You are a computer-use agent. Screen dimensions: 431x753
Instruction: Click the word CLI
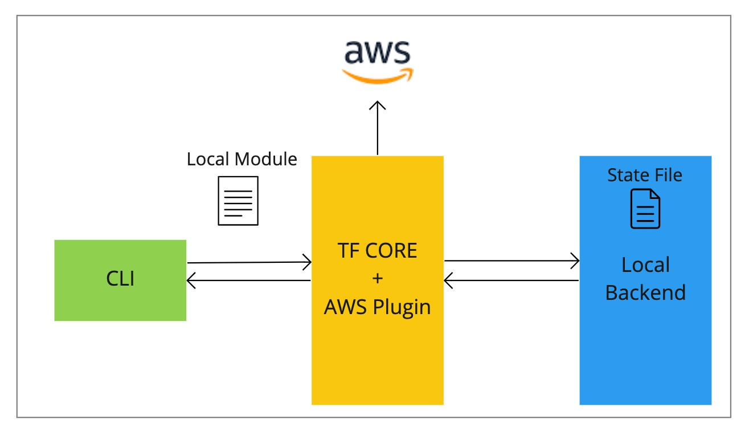coord(120,280)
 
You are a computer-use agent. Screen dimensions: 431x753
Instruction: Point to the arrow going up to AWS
coord(377,128)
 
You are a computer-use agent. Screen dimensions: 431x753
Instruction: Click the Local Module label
coord(242,159)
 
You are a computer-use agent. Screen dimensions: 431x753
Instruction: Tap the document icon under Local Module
coord(238,200)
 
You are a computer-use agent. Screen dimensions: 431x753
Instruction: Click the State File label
coord(645,174)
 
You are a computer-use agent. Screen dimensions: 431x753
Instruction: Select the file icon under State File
coord(645,209)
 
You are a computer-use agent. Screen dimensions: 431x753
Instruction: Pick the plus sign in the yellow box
coord(377,279)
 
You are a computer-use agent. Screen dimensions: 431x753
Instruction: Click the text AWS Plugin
coord(377,307)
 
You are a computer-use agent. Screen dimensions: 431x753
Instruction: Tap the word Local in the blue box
coord(645,265)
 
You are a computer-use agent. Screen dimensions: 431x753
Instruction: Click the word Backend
coord(645,292)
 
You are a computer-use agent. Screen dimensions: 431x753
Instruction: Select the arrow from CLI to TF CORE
coord(249,263)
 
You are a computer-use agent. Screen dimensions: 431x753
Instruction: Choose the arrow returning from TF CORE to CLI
coord(249,280)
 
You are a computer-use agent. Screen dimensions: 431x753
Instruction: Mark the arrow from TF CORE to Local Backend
coord(511,262)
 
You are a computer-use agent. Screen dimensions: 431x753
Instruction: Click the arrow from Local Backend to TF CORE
coord(511,280)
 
